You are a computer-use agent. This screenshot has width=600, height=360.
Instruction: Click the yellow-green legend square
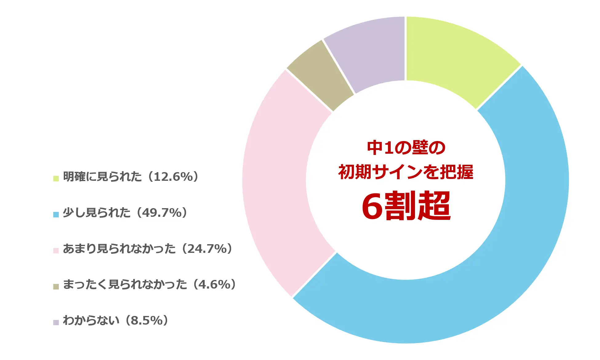(x=56, y=178)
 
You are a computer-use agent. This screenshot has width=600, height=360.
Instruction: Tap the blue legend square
(x=56, y=214)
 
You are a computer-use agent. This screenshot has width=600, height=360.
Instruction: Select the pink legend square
(x=56, y=250)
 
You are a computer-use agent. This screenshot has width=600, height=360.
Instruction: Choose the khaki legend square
(x=56, y=286)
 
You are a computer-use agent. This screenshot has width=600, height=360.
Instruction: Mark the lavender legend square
(x=56, y=322)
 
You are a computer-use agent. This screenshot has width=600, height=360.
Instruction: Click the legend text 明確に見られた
(x=103, y=177)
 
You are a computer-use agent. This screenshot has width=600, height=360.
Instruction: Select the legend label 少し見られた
(x=97, y=213)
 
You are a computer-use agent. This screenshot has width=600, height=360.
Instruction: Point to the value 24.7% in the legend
(x=207, y=249)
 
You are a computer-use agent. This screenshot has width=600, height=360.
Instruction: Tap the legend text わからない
(x=91, y=321)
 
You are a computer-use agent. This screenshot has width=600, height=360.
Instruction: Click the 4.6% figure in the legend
(x=214, y=285)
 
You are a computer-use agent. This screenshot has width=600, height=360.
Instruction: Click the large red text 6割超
(x=406, y=206)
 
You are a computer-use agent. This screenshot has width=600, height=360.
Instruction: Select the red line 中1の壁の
(x=406, y=148)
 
